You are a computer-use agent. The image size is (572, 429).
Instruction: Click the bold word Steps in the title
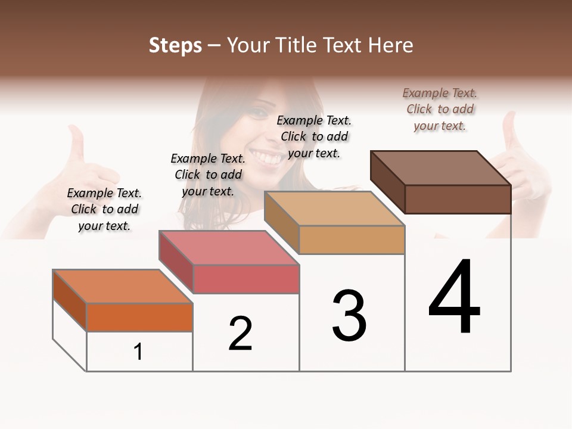(175, 45)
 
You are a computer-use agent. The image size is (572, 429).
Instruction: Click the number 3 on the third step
(349, 316)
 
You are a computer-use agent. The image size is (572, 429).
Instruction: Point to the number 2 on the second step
(241, 334)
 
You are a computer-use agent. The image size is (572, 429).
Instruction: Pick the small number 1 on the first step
(138, 352)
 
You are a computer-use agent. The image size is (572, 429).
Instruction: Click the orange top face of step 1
(123, 286)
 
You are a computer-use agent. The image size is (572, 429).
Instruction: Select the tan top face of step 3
(334, 209)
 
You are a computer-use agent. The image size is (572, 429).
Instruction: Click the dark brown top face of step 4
(441, 168)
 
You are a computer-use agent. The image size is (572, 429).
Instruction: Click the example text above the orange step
(104, 209)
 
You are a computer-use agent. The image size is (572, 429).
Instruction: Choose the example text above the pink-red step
(208, 175)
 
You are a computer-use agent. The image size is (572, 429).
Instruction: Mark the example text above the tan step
(314, 136)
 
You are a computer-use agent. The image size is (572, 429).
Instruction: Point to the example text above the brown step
(440, 109)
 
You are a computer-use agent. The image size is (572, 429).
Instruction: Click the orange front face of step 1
(139, 317)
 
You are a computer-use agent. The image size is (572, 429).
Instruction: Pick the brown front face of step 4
(458, 199)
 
